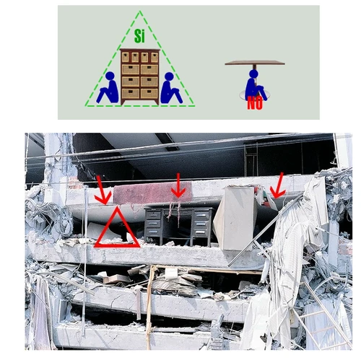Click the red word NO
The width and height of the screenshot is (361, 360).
254,103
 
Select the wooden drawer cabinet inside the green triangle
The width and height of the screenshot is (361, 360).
139,76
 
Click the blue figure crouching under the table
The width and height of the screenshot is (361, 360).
255,85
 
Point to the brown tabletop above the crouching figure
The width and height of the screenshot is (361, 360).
254,63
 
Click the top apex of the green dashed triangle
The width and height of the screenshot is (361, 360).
140,12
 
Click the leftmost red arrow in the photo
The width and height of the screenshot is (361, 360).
103,191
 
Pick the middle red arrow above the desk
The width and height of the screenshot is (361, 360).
178,186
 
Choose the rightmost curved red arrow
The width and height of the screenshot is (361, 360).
277,186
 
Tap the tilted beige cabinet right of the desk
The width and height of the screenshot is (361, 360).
234,218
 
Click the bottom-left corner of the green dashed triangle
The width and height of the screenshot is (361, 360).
86,106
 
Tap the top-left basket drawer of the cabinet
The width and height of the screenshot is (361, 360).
126,57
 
